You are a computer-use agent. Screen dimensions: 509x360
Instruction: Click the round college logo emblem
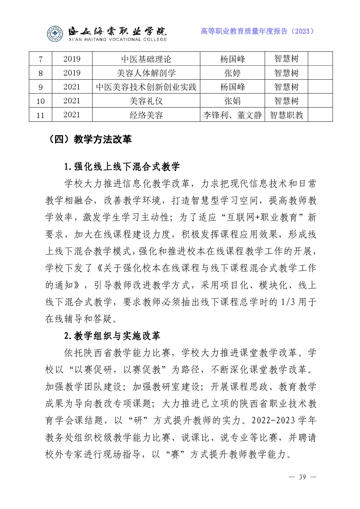[x=55, y=34]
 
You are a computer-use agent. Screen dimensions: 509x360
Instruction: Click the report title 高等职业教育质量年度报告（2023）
[x=257, y=31]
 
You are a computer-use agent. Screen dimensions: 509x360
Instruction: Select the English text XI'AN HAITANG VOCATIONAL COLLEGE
[x=118, y=39]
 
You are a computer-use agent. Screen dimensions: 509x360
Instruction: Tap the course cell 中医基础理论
[x=146, y=59]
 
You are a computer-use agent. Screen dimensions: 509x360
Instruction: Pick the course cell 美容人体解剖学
[x=146, y=73]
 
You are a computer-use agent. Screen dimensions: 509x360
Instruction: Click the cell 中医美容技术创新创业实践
[x=146, y=87]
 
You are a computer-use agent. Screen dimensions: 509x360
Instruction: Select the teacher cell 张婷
[x=232, y=73]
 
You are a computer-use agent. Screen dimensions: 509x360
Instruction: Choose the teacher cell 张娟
[x=232, y=101]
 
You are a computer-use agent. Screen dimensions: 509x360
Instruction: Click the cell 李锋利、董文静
[x=232, y=115]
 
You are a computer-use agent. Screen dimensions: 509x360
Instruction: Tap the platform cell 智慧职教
[x=286, y=115]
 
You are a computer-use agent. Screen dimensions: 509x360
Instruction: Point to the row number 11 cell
[x=40, y=115]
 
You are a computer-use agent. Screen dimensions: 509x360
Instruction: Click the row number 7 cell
[x=40, y=59]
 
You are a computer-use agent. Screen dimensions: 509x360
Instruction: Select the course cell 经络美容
[x=146, y=115]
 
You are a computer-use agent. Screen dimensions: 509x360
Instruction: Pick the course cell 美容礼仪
[x=146, y=101]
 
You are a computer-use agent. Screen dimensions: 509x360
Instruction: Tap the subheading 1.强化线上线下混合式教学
[x=122, y=167]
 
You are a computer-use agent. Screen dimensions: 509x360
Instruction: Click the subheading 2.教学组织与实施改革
[x=112, y=336]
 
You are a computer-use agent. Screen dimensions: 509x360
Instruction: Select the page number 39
[x=302, y=477]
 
